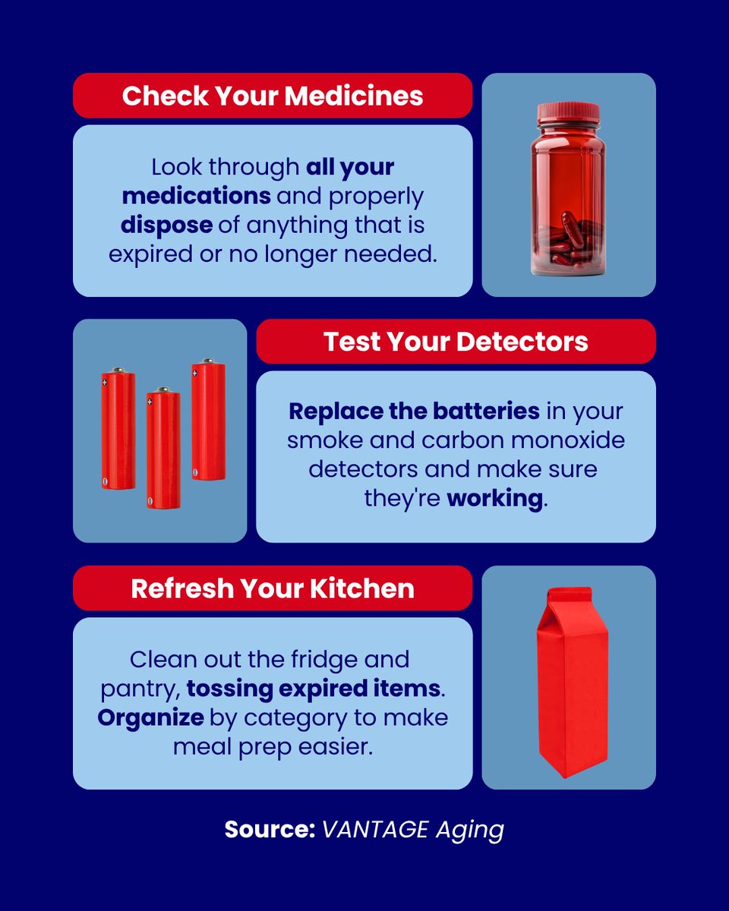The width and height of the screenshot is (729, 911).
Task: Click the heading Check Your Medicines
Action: click(273, 96)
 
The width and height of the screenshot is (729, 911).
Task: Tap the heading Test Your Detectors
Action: click(456, 342)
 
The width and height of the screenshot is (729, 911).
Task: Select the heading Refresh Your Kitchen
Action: click(273, 588)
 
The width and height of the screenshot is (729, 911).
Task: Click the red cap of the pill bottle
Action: click(568, 113)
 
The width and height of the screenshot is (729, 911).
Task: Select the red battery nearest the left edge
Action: click(118, 429)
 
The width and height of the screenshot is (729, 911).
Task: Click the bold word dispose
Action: click(165, 224)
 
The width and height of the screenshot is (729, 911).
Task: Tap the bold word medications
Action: click(197, 195)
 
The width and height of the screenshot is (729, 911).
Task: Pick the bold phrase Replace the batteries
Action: click(414, 411)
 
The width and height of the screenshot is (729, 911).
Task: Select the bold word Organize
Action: click(150, 717)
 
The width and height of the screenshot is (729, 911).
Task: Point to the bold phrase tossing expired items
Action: click(314, 689)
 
